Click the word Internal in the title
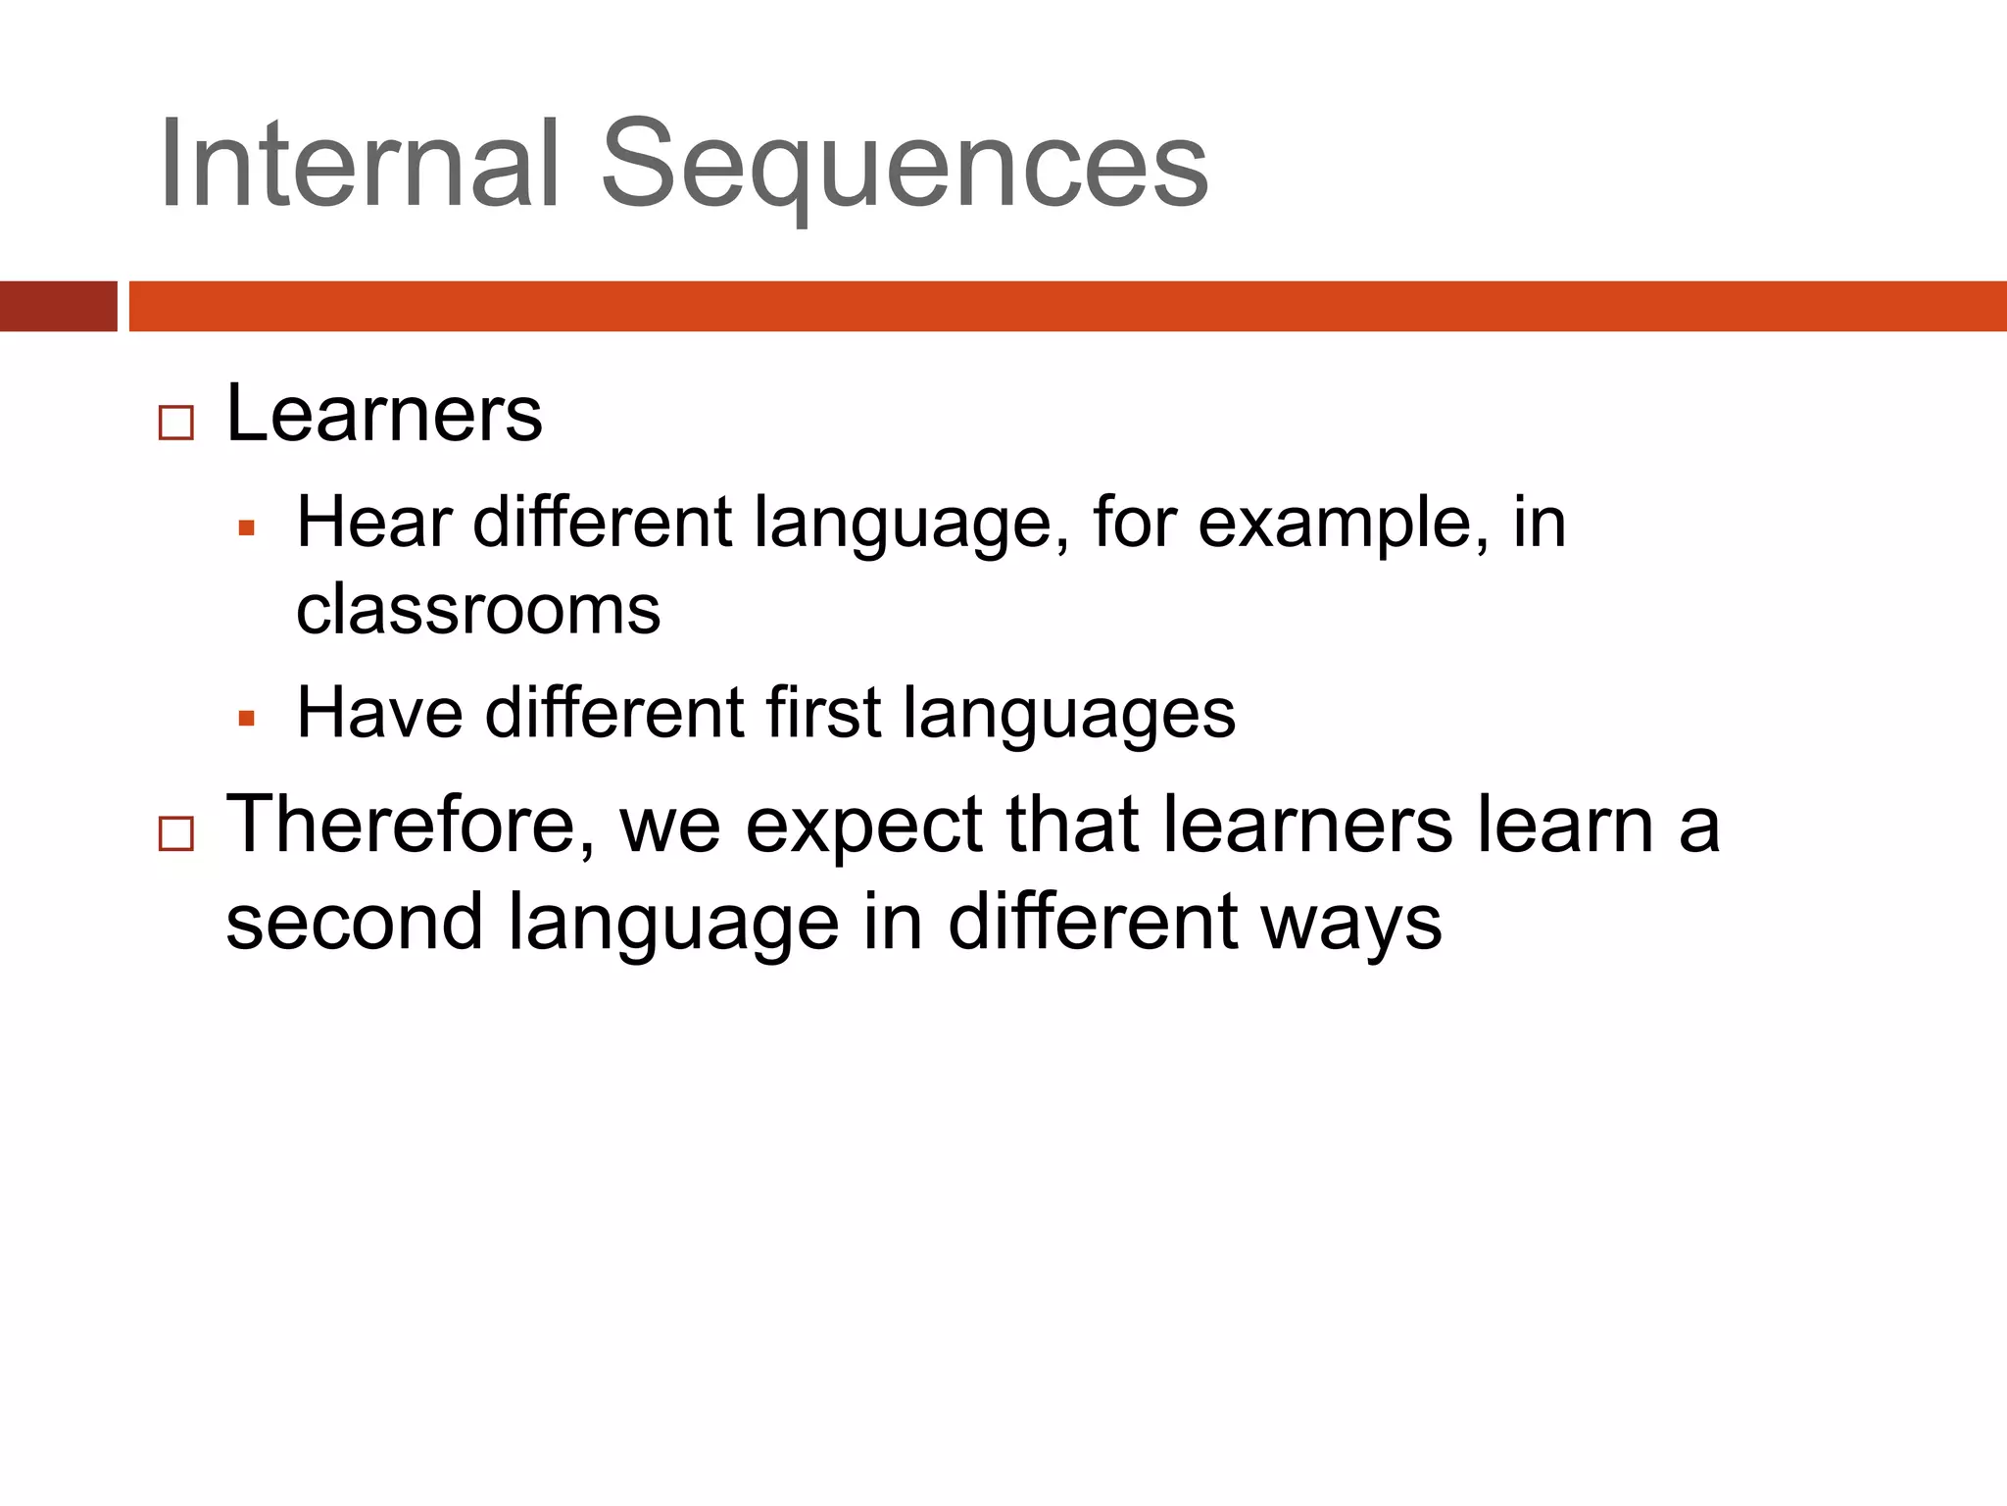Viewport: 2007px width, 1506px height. (x=359, y=164)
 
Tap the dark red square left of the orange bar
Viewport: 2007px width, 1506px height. (x=58, y=306)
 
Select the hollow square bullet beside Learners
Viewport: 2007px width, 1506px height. (x=176, y=424)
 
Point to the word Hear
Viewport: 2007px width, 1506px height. (x=373, y=522)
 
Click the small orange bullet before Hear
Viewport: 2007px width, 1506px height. (x=247, y=529)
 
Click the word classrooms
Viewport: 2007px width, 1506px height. (x=478, y=610)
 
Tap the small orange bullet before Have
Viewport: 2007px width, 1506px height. (x=247, y=720)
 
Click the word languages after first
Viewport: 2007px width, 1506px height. (x=1069, y=716)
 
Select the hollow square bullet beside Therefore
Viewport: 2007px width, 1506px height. (x=176, y=834)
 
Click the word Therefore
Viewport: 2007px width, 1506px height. (x=410, y=824)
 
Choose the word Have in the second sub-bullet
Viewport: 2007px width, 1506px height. (x=380, y=712)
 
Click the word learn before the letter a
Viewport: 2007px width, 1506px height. (x=1566, y=825)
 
